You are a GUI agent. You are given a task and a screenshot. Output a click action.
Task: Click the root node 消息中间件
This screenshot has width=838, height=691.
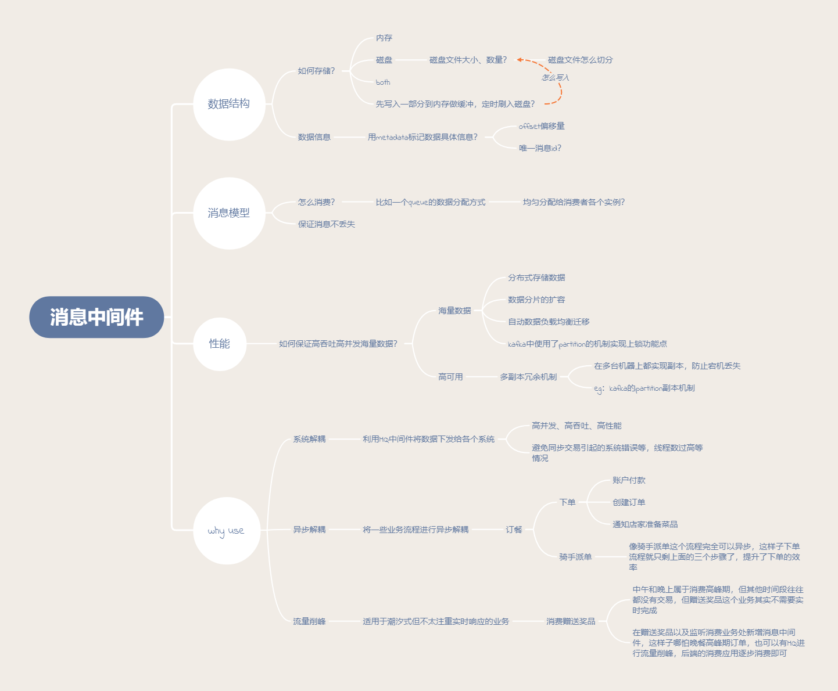96,317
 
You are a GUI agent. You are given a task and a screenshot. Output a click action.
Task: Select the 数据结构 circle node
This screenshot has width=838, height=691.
229,104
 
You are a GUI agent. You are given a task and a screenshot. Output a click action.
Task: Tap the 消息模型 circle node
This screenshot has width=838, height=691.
229,213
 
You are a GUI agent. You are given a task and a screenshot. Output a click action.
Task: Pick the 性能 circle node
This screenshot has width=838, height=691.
220,344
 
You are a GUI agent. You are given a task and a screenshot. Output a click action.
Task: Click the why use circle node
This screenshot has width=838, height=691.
226,531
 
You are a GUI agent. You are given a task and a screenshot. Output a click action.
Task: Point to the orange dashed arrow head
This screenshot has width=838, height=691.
520,59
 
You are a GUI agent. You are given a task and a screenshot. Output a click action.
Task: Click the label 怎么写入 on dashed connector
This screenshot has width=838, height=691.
556,77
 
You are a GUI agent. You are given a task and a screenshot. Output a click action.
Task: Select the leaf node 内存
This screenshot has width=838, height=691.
384,38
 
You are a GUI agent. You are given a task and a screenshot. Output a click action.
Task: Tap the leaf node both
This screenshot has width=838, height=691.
383,82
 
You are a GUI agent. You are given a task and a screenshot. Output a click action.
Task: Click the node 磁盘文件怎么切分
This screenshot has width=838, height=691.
580,60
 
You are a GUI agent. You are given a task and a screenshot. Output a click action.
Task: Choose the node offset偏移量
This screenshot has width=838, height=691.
542,126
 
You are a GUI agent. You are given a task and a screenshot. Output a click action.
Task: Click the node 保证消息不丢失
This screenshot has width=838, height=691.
327,224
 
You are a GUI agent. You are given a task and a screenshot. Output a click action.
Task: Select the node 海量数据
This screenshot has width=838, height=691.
454,311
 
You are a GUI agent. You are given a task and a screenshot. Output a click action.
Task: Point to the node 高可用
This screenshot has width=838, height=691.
450,377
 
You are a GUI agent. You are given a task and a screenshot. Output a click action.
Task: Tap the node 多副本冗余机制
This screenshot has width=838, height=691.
528,377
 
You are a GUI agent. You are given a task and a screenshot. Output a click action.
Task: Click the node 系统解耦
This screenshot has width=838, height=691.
309,439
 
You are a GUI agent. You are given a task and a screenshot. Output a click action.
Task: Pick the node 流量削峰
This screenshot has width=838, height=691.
309,621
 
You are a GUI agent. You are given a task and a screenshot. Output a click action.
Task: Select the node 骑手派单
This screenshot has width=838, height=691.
575,557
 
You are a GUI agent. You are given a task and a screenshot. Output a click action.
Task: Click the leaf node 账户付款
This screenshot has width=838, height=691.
629,480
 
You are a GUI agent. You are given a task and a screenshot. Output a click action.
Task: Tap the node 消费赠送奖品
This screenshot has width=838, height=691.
571,621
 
